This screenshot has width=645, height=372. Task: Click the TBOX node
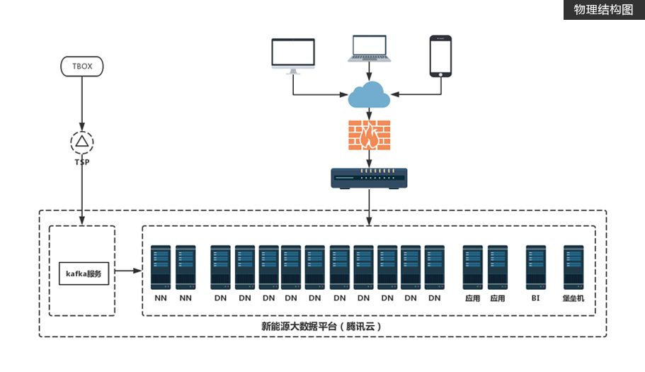pos(82,67)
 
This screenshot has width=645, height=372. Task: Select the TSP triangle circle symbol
pos(82,142)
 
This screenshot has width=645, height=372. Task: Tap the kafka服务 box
pos(84,272)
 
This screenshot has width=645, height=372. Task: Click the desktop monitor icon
pos(292,55)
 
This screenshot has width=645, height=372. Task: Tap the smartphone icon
pos(440,55)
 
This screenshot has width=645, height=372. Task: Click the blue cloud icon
pos(368,94)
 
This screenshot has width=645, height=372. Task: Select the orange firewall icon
pos(369,135)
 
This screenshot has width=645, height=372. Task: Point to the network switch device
pos(369,178)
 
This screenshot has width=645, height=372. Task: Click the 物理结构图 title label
pos(603,10)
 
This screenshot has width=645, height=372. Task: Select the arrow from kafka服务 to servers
pos(130,271)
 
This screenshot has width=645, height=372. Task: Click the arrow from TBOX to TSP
pos(82,103)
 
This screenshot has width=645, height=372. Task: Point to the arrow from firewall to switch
pos(369,159)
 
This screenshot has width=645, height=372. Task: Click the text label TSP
pos(82,162)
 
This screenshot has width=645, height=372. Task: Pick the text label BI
pos(535,298)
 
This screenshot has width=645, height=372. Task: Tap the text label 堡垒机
pos(573,298)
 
